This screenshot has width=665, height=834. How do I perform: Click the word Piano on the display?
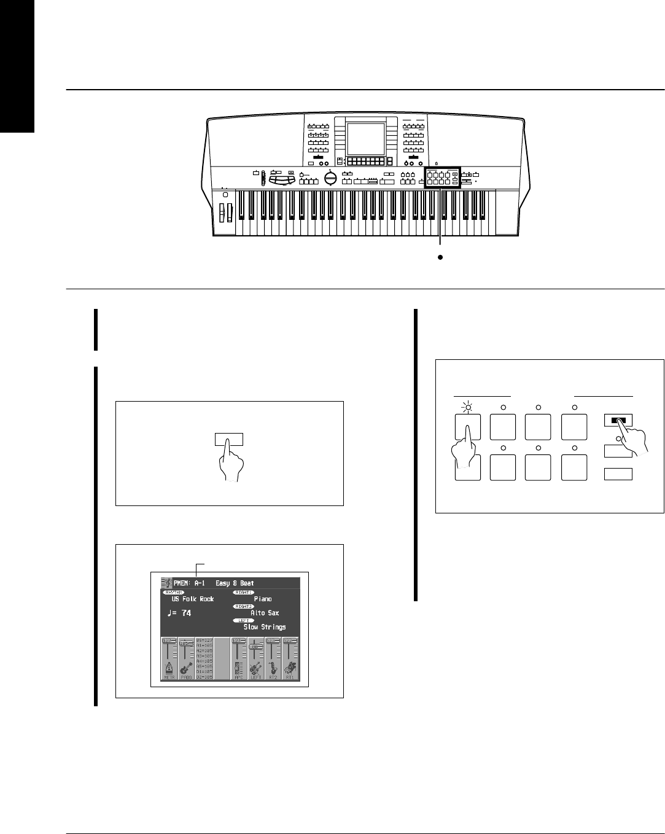(263, 599)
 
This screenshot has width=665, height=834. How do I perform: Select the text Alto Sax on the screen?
(265, 613)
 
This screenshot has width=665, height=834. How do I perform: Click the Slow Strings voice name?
(265, 627)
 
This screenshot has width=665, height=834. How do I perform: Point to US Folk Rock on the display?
(193, 599)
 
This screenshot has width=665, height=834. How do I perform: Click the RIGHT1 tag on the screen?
(243, 592)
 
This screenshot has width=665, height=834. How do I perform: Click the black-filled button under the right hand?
(618, 421)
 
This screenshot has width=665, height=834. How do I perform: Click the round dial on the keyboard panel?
(330, 178)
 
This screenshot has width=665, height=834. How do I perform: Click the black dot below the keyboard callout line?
(440, 259)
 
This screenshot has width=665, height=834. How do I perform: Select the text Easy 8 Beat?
(235, 583)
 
